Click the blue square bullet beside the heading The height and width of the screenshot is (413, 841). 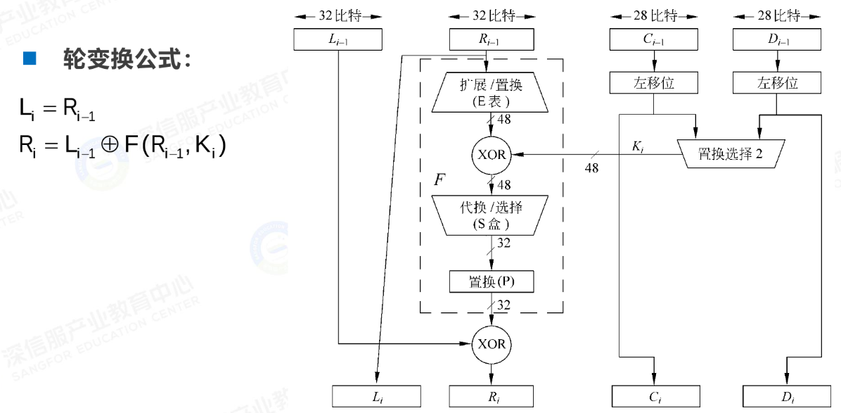click(x=29, y=58)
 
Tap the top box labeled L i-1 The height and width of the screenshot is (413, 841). click(x=338, y=39)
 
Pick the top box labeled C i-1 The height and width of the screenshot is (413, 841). click(x=654, y=39)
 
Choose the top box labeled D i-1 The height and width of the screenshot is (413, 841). click(x=777, y=39)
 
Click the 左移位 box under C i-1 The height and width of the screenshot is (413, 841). click(x=654, y=83)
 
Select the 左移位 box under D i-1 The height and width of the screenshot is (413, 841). click(x=777, y=83)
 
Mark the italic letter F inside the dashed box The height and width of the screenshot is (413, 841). click(x=439, y=179)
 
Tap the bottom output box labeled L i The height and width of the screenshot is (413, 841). click(x=376, y=398)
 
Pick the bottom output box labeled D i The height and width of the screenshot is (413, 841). click(x=787, y=398)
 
